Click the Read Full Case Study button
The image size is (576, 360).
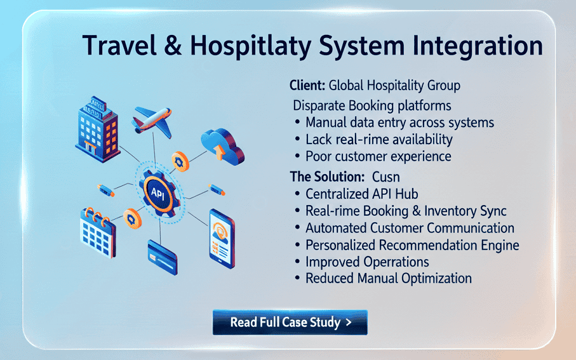point(290,322)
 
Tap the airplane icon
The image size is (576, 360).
point(152,121)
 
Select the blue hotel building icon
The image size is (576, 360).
point(96,127)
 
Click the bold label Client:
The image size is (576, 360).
point(308,85)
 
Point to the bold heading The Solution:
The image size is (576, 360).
point(327,176)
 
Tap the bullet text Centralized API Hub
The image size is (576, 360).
point(362,194)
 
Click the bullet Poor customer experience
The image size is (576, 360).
point(378,156)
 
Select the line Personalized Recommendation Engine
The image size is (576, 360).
point(412,245)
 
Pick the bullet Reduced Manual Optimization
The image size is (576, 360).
point(389,278)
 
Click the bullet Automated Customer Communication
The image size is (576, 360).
point(410,228)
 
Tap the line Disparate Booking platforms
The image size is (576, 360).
point(373,105)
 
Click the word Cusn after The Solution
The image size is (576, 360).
point(386,176)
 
